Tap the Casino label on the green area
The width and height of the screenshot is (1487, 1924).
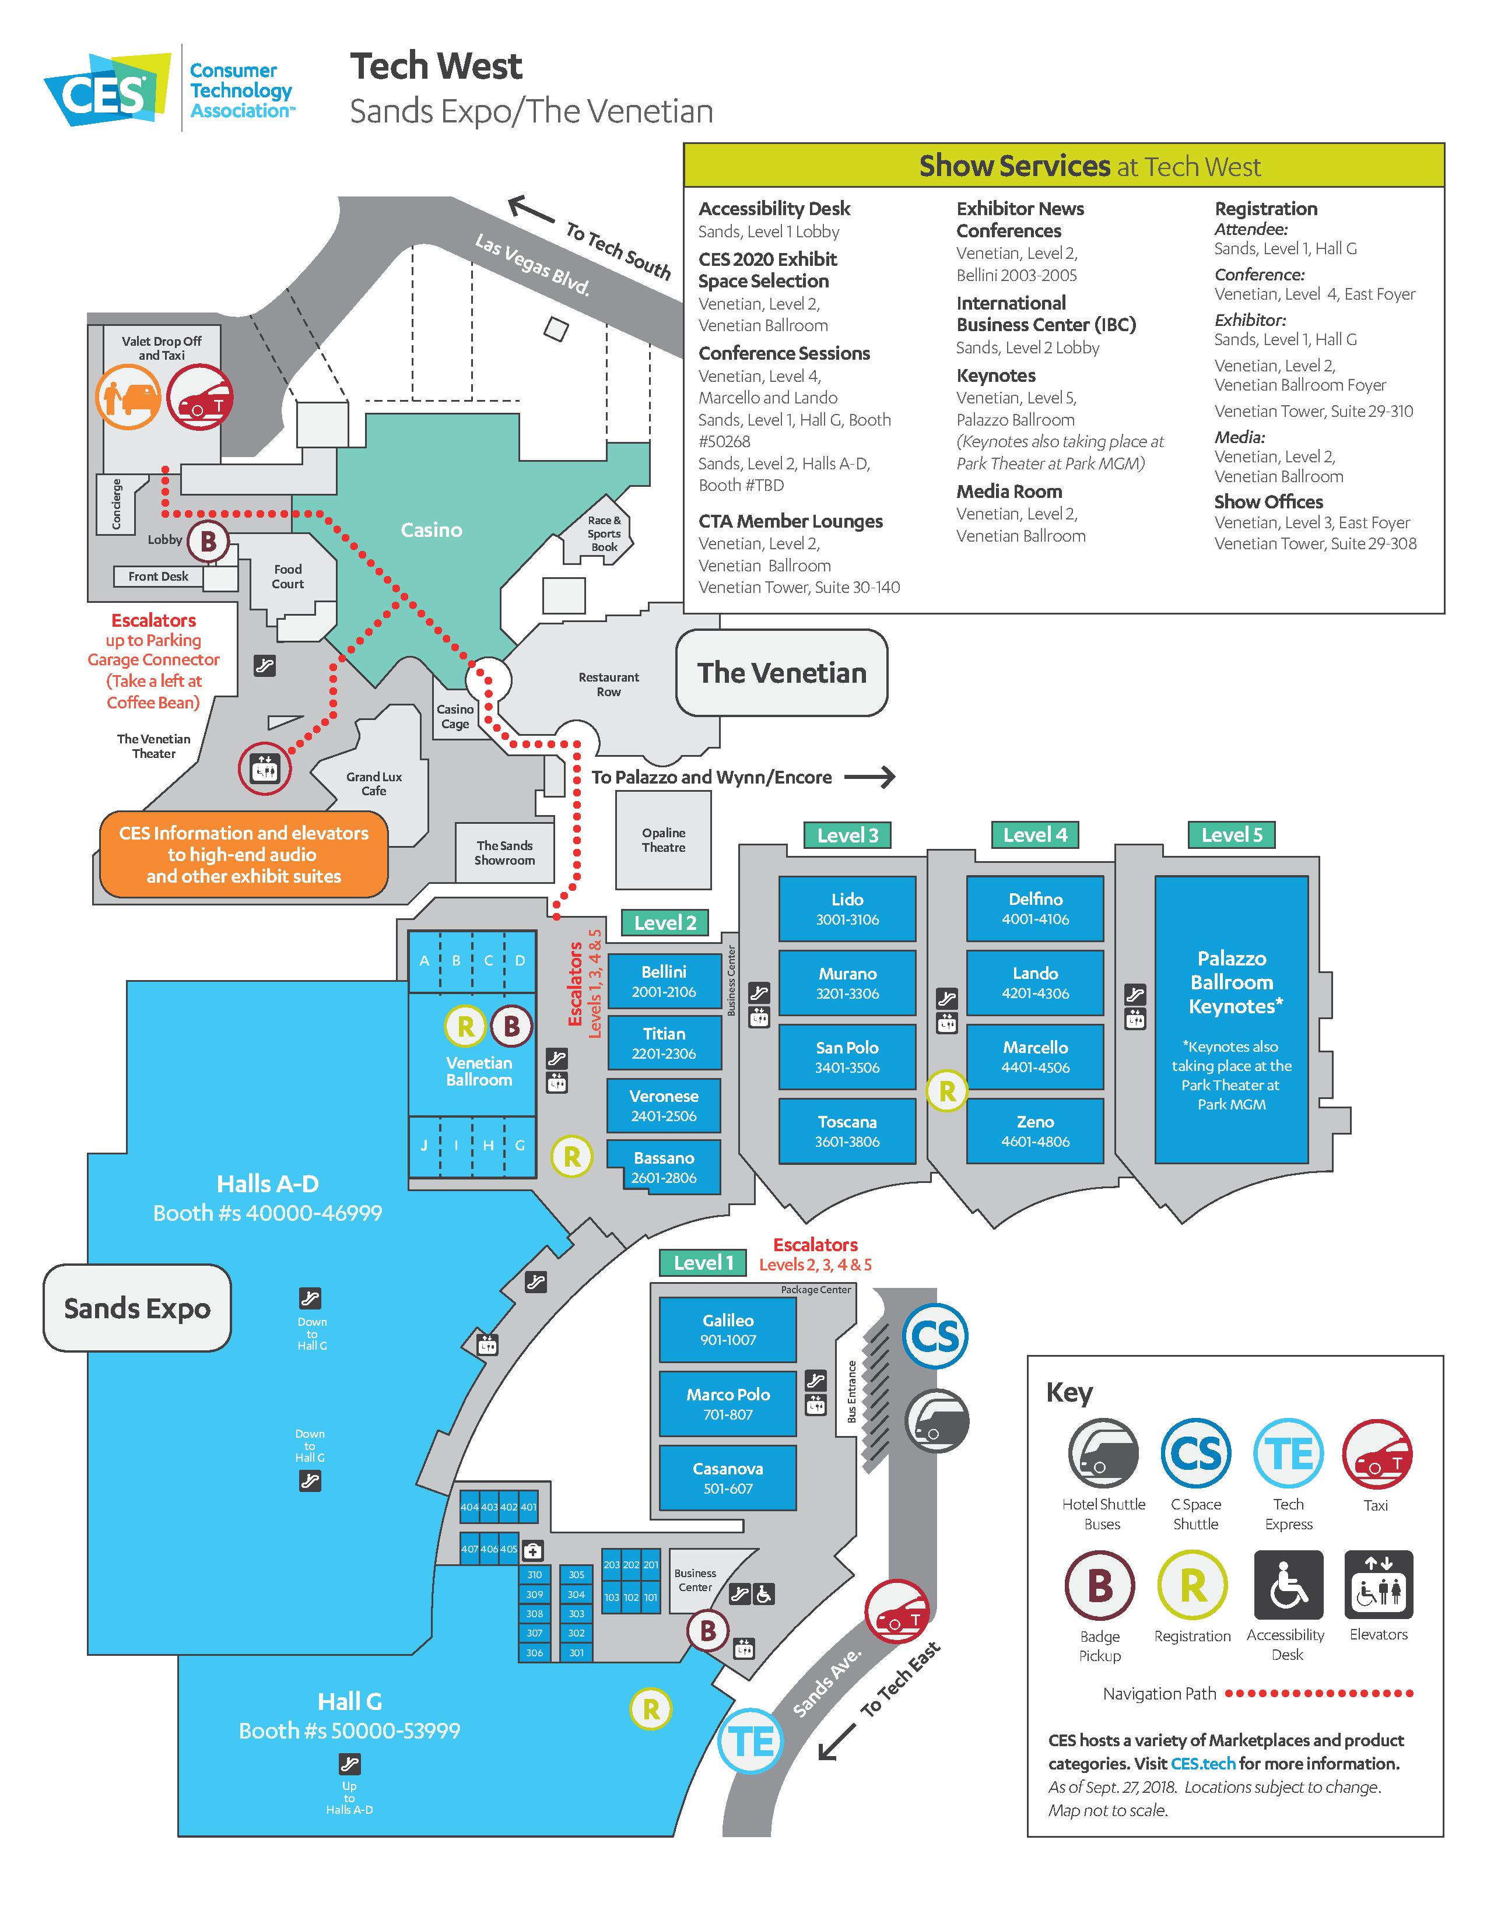(x=431, y=529)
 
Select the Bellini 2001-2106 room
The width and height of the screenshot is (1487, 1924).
(x=664, y=981)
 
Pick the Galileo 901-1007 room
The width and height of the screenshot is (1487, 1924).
(x=728, y=1329)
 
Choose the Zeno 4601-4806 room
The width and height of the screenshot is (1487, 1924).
(x=1035, y=1131)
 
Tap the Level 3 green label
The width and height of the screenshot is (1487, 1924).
(x=847, y=835)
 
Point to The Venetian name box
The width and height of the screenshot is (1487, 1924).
(x=781, y=673)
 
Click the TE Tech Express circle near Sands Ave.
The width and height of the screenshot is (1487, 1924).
(x=752, y=1741)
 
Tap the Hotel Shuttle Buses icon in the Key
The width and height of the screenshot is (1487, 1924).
(x=1103, y=1453)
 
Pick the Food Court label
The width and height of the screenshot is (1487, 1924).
(x=288, y=576)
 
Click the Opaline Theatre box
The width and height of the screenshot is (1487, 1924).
(x=664, y=840)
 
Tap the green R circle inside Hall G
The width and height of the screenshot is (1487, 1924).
(x=651, y=1709)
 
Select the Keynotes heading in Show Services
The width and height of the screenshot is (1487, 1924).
(x=997, y=375)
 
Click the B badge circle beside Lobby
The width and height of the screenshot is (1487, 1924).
(x=208, y=541)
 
